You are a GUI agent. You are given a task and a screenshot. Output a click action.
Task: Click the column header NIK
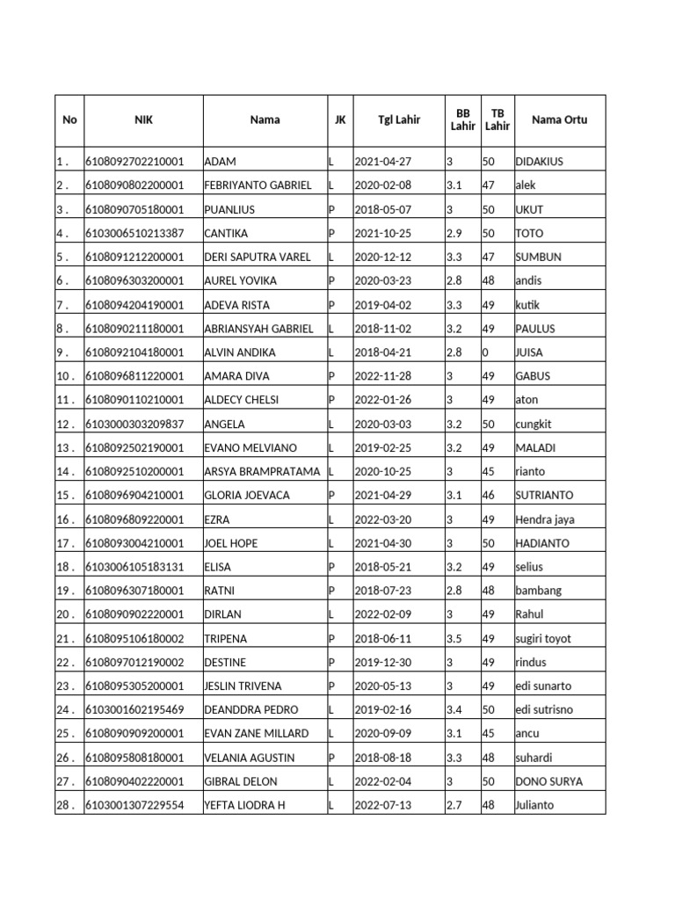(x=143, y=120)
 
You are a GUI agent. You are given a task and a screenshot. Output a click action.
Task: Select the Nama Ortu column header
(x=559, y=120)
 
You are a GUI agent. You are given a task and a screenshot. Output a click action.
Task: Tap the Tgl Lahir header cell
(x=398, y=120)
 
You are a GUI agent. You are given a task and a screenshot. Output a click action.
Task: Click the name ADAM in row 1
(x=220, y=163)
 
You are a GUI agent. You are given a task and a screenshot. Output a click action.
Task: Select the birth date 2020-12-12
(x=382, y=258)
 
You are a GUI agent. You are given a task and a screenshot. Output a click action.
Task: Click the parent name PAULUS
(x=535, y=329)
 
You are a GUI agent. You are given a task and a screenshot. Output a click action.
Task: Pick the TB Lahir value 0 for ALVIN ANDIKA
(x=486, y=352)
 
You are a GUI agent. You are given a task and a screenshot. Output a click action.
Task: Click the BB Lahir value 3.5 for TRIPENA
(x=454, y=638)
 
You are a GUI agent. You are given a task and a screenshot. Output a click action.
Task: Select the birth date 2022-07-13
(x=382, y=804)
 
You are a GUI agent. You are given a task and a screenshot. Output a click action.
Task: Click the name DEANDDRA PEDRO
(x=250, y=709)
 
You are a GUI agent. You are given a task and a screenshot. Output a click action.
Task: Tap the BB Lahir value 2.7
(x=454, y=804)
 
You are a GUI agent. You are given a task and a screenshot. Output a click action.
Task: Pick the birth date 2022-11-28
(x=382, y=376)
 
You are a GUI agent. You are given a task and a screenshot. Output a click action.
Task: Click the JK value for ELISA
(x=332, y=567)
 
